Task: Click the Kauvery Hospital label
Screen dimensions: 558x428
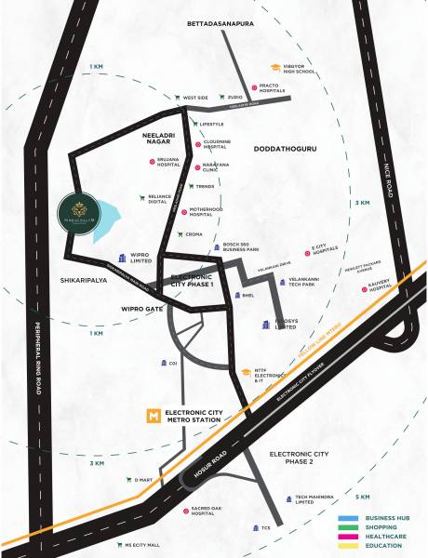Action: pyautogui.click(x=383, y=291)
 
